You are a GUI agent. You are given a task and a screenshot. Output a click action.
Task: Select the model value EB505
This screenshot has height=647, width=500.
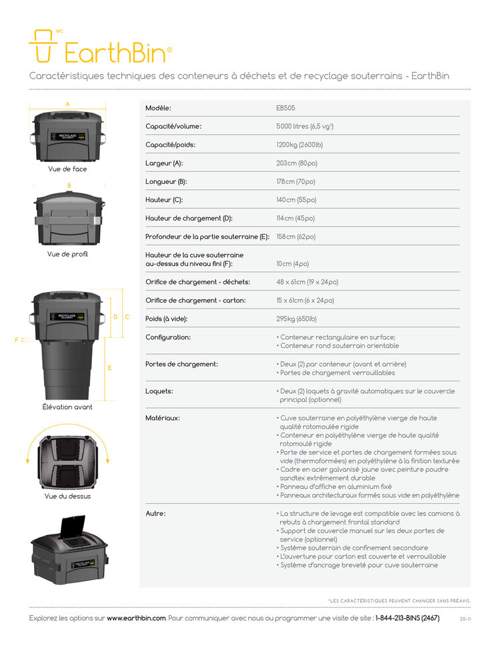pyautogui.click(x=287, y=108)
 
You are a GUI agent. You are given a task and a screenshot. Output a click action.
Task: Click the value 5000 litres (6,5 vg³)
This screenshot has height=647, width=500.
pyautogui.click(x=305, y=126)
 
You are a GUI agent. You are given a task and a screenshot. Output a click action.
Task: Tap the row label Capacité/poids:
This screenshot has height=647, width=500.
pyautogui.click(x=170, y=145)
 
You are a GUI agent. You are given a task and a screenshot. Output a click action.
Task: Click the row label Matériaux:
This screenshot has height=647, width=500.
pyautogui.click(x=163, y=418)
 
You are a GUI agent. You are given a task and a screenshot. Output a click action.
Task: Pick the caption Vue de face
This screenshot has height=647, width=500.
pyautogui.click(x=67, y=169)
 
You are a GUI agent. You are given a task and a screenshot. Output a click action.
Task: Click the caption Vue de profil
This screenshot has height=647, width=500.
pyautogui.click(x=67, y=254)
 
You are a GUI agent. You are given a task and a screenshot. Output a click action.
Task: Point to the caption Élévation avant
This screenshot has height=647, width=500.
pyautogui.click(x=67, y=406)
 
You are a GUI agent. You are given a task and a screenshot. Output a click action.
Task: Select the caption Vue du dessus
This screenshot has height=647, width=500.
pyautogui.click(x=67, y=496)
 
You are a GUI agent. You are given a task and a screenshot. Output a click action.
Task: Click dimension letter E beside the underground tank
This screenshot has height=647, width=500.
pyautogui.click(x=109, y=368)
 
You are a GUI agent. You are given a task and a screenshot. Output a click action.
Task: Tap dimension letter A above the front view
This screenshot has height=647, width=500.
pyautogui.click(x=67, y=104)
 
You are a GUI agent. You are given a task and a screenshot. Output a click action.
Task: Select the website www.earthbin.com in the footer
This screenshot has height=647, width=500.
pyautogui.click(x=136, y=618)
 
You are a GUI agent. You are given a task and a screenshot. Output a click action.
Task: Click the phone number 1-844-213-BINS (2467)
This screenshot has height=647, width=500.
pyautogui.click(x=407, y=618)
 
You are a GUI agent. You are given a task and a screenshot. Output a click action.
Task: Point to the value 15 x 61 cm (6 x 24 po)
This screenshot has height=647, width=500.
pyautogui.click(x=305, y=301)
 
